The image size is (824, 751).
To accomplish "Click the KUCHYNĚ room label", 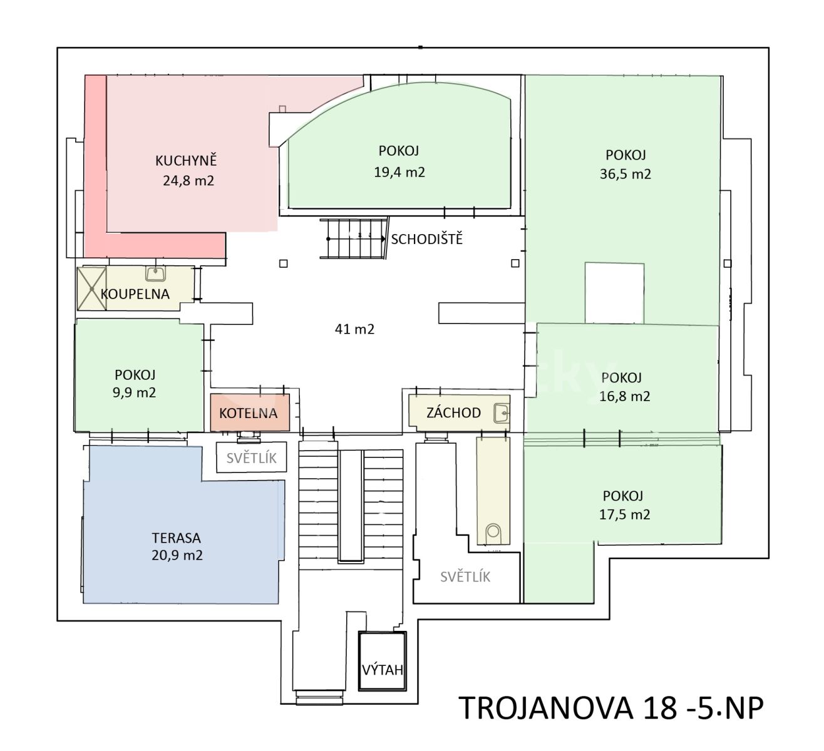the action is [x=186, y=160].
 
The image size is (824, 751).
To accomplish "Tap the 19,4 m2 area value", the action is [x=399, y=172].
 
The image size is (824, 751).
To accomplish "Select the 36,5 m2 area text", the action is [x=625, y=174].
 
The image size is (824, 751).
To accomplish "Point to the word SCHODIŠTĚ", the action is [x=426, y=239].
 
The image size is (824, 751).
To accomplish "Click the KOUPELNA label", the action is [x=135, y=294].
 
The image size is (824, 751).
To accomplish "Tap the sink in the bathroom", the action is [x=155, y=273].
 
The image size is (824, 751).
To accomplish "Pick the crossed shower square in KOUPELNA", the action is [x=91, y=289].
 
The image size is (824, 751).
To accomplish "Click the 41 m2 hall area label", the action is [x=354, y=329].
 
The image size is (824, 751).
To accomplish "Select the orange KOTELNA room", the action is [x=250, y=412].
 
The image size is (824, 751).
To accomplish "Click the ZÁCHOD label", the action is [x=453, y=412].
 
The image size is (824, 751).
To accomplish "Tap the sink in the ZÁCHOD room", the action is [x=502, y=412].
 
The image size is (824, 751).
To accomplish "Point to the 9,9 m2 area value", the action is [x=135, y=392].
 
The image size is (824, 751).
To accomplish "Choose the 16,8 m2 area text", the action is [x=624, y=396].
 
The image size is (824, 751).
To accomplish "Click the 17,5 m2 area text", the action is [x=624, y=514].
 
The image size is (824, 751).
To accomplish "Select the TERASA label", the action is [x=176, y=538].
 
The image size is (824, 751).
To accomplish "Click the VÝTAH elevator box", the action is [x=383, y=661].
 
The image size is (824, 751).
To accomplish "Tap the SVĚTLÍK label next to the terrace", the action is [x=251, y=458].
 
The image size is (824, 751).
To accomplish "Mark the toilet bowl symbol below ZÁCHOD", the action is [x=493, y=533].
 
